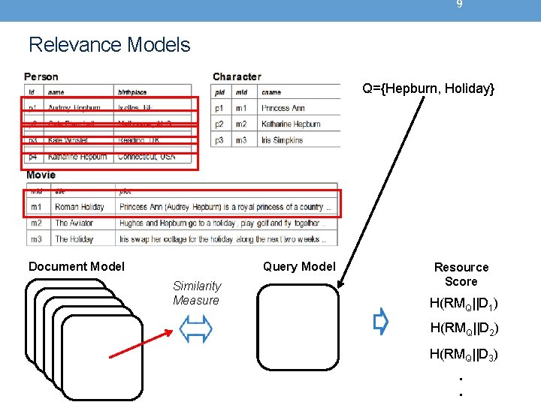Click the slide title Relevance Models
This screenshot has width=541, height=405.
(x=110, y=45)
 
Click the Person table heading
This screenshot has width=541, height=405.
(x=41, y=76)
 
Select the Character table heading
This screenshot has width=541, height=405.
(x=237, y=76)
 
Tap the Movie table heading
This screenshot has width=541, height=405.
(x=41, y=175)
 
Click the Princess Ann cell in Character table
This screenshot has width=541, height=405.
(x=283, y=108)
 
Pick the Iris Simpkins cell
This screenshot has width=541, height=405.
(x=283, y=140)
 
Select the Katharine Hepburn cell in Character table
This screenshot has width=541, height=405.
(x=291, y=124)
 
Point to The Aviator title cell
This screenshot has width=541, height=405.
(x=76, y=223)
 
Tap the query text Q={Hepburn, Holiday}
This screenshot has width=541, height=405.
(x=428, y=89)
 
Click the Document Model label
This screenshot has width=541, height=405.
(x=77, y=266)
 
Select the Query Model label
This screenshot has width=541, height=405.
(x=299, y=266)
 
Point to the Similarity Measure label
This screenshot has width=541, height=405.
(x=196, y=292)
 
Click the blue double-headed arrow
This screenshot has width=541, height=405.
(x=196, y=328)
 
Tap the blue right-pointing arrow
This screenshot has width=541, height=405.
(x=381, y=322)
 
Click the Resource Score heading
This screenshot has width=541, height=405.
(x=461, y=274)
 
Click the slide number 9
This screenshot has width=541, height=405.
(x=459, y=4)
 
